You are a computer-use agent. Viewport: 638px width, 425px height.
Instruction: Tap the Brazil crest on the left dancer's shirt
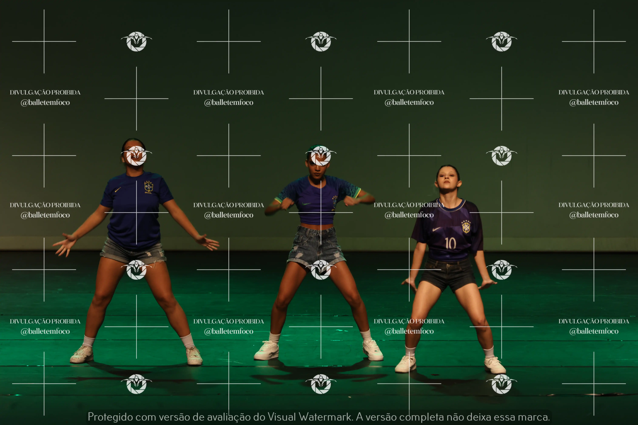click(x=148, y=187)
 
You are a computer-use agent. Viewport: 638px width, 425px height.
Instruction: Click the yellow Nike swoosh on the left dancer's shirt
click(x=118, y=189)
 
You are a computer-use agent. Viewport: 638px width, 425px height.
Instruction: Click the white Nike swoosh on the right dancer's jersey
click(x=436, y=229)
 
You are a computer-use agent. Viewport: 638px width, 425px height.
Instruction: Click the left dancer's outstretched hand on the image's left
click(x=65, y=244)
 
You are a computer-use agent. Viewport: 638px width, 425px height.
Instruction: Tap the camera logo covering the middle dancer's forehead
click(x=321, y=155)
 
